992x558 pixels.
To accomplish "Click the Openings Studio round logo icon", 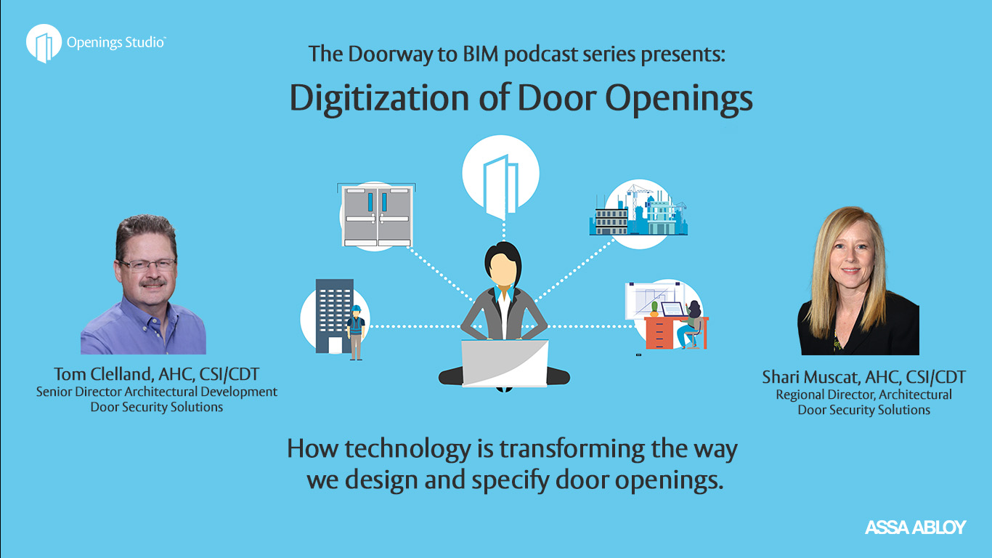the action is point(44,43).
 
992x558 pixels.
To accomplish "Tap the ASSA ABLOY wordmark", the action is point(915,527).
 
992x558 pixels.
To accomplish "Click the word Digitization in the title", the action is point(379,98).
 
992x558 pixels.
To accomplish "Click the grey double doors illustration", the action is point(378,216).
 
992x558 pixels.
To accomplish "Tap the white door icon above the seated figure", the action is point(501,186).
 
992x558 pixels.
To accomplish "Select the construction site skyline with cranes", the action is point(638,211).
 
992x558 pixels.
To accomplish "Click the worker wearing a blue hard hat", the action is point(356,332).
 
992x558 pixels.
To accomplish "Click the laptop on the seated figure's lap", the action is point(505,363).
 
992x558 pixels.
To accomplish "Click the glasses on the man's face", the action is point(147,265).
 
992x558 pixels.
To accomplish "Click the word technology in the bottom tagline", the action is point(407,450).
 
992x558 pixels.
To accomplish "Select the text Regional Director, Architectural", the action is point(863,395).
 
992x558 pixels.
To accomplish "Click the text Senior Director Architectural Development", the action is point(156,392).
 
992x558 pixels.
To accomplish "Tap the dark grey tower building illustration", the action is point(334,316).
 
